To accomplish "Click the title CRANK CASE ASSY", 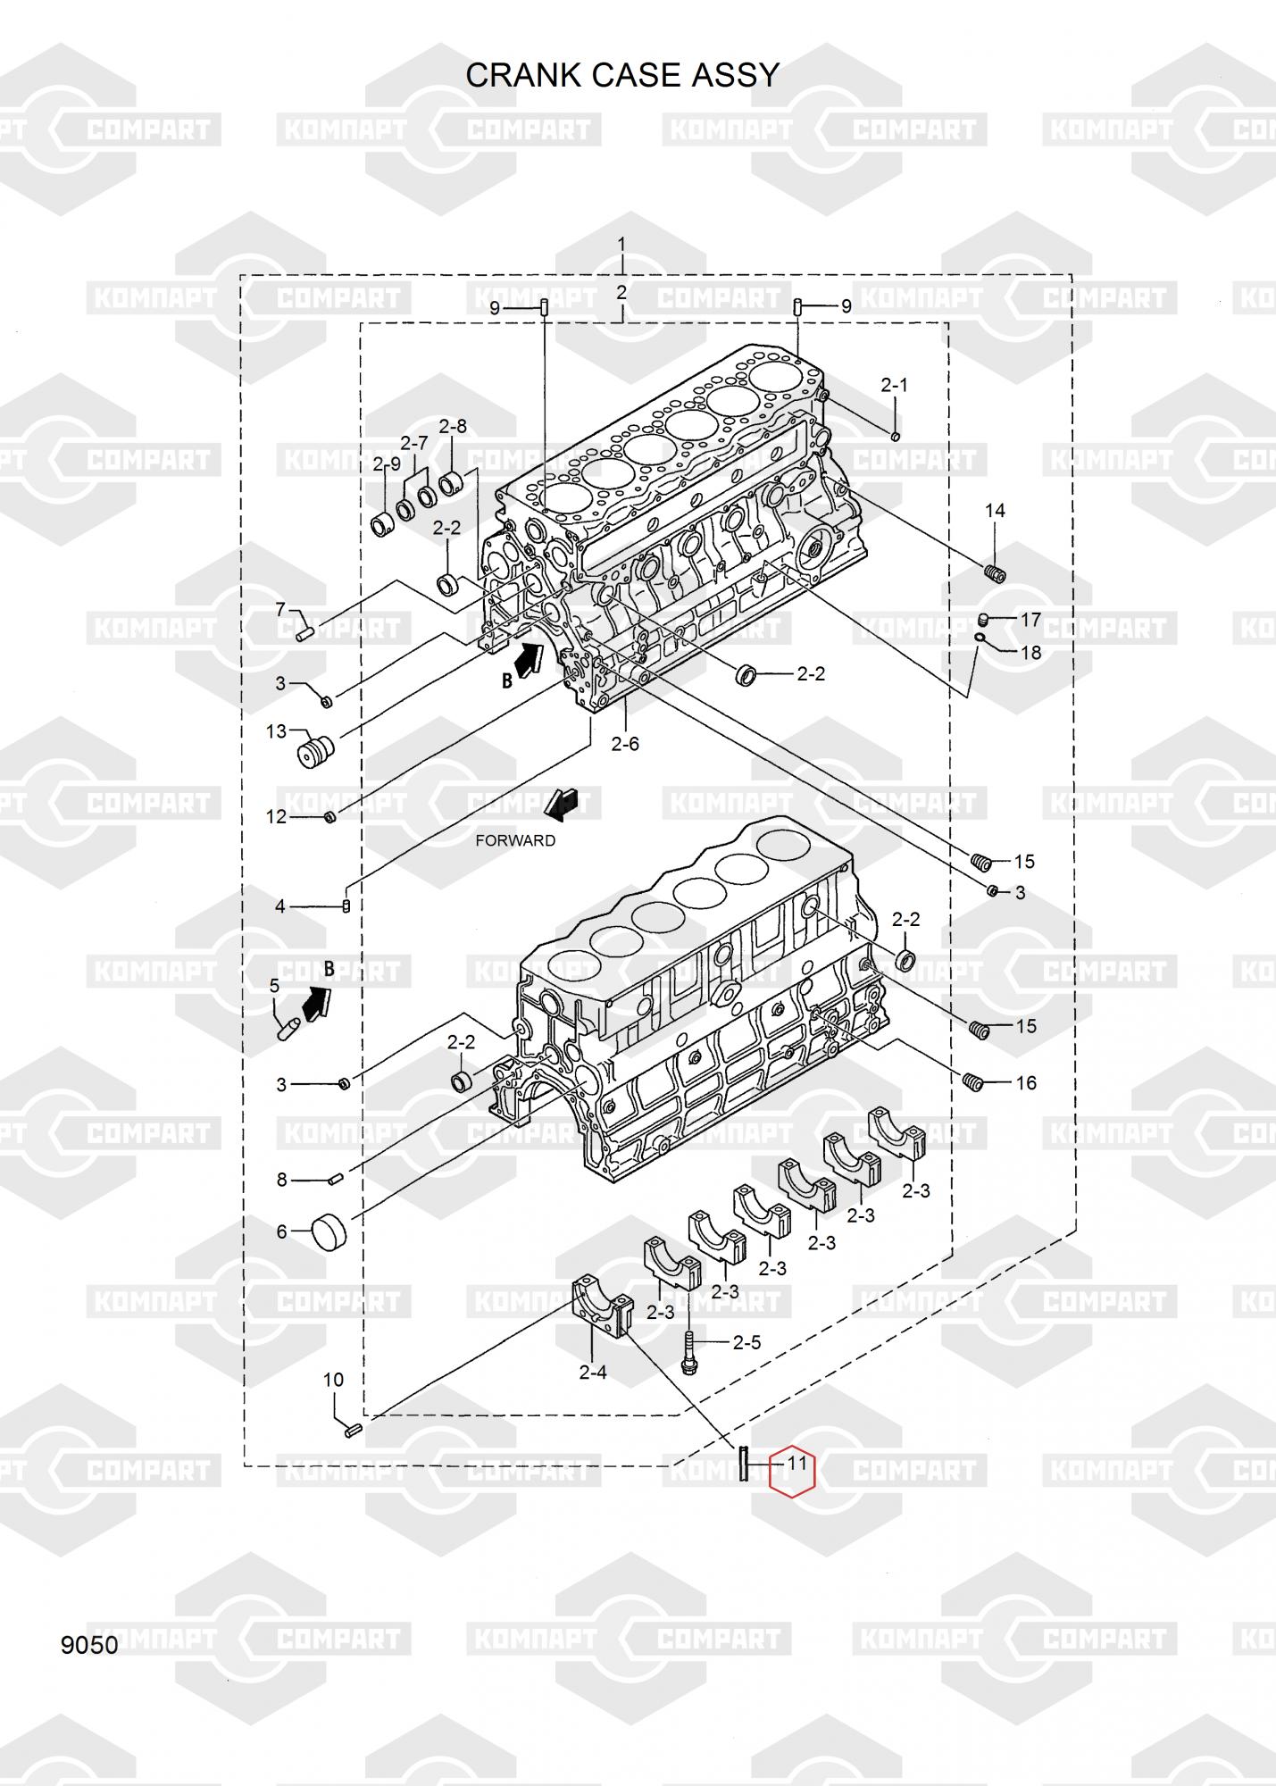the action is coord(622,75).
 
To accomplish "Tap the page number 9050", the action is coord(89,1645).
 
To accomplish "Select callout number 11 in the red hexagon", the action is coord(796,1464).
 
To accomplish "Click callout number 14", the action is coord(995,510).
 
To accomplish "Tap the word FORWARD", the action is coord(515,840).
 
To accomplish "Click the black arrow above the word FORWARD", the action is coord(562,805).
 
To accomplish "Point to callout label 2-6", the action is coord(625,743).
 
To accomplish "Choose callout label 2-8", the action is coord(453,426).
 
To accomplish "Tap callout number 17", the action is coord(1031,620).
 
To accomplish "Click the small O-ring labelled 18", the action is coord(980,638).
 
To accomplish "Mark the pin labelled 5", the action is coord(288,1030).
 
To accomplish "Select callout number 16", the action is coord(1027,1083).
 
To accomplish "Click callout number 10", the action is coord(333,1380).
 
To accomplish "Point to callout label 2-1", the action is coord(894,385).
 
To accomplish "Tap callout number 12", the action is coord(277,816).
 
